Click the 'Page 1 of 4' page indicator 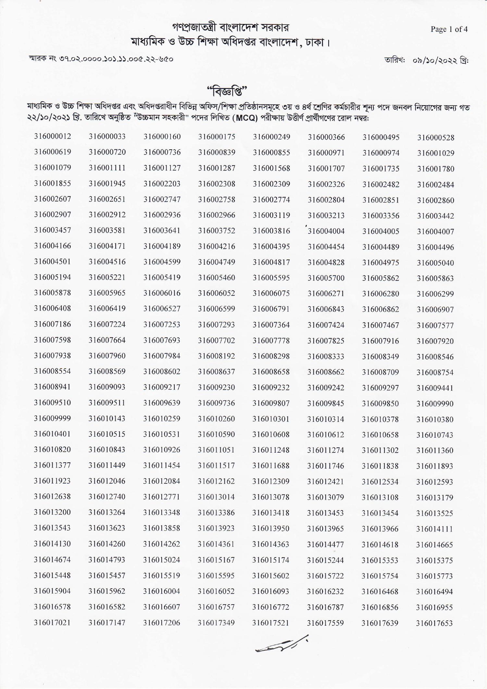[x=449, y=29]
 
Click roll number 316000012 [x=53, y=136]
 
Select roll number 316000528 [x=436, y=138]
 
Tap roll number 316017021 [x=52, y=622]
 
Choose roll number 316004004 [x=326, y=232]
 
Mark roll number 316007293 [x=217, y=325]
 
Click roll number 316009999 [x=52, y=418]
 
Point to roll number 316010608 [x=271, y=434]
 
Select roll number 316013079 [x=326, y=497]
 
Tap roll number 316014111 [x=434, y=529]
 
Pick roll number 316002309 [x=271, y=184]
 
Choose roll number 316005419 [x=162, y=278]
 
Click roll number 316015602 [x=271, y=576]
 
